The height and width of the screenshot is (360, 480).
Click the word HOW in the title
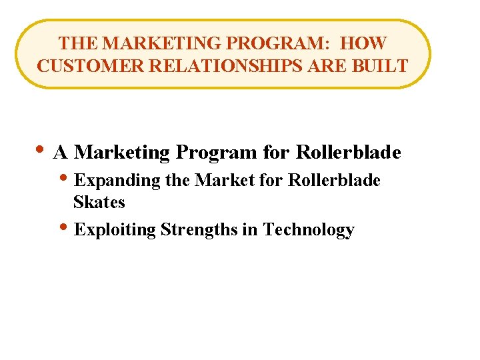click(363, 43)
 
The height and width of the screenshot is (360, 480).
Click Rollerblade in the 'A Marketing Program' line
click(348, 153)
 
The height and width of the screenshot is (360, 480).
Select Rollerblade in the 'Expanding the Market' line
click(334, 181)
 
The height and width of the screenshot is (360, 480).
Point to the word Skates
click(99, 201)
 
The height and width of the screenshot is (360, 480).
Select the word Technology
click(309, 231)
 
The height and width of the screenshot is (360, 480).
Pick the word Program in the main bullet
click(215, 153)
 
